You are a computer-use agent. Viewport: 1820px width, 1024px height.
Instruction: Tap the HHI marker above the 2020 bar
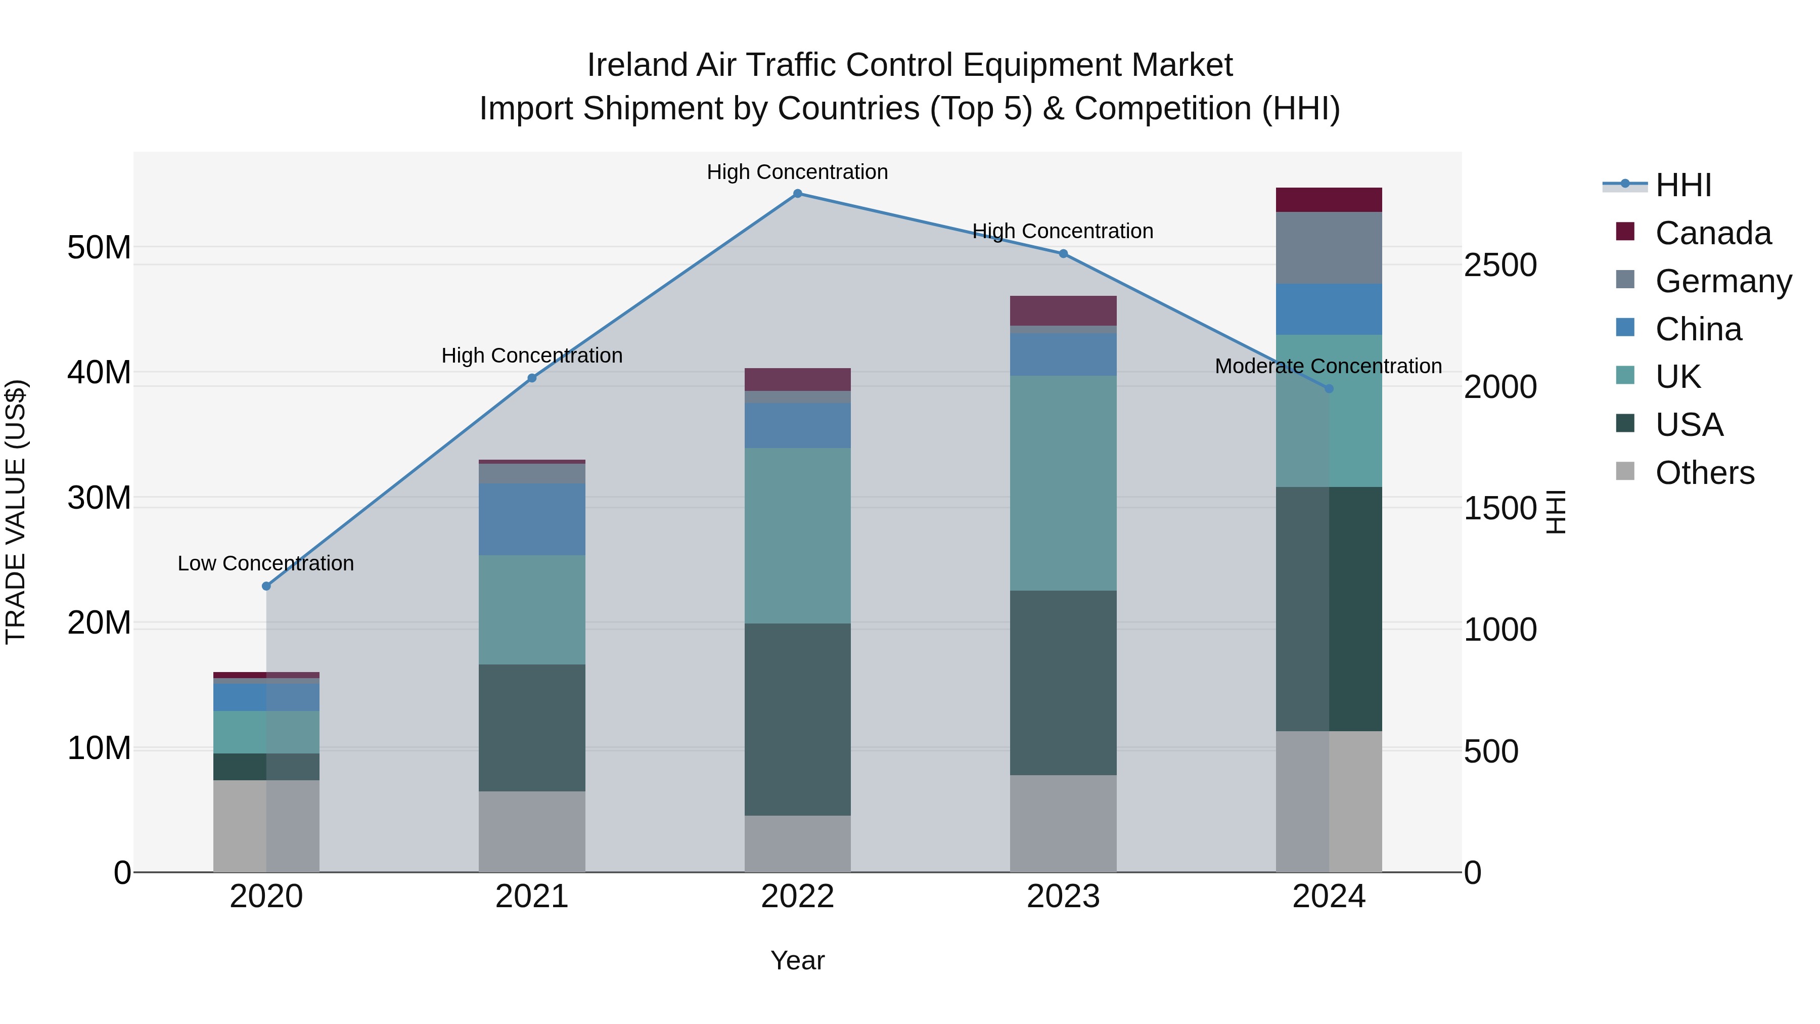tap(266, 586)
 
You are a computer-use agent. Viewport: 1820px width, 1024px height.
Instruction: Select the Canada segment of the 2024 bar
tap(1328, 200)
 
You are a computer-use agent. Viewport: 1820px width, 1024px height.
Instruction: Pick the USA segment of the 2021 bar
tap(531, 727)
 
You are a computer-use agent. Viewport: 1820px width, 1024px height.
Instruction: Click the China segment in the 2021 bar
tap(531, 519)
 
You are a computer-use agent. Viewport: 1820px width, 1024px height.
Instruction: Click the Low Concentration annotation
tap(265, 563)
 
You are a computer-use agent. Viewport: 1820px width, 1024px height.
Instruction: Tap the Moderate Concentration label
tap(1328, 366)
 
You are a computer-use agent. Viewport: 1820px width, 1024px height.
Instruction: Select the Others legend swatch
tap(1625, 471)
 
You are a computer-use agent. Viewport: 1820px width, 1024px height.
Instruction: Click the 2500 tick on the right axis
tap(1500, 265)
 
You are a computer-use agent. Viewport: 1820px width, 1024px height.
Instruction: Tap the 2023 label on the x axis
tap(1063, 897)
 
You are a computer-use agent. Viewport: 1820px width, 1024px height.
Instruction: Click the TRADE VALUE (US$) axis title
tap(16, 512)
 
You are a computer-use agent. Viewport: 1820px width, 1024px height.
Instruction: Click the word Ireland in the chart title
tap(636, 65)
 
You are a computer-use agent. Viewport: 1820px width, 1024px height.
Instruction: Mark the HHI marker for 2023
tap(1063, 254)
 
